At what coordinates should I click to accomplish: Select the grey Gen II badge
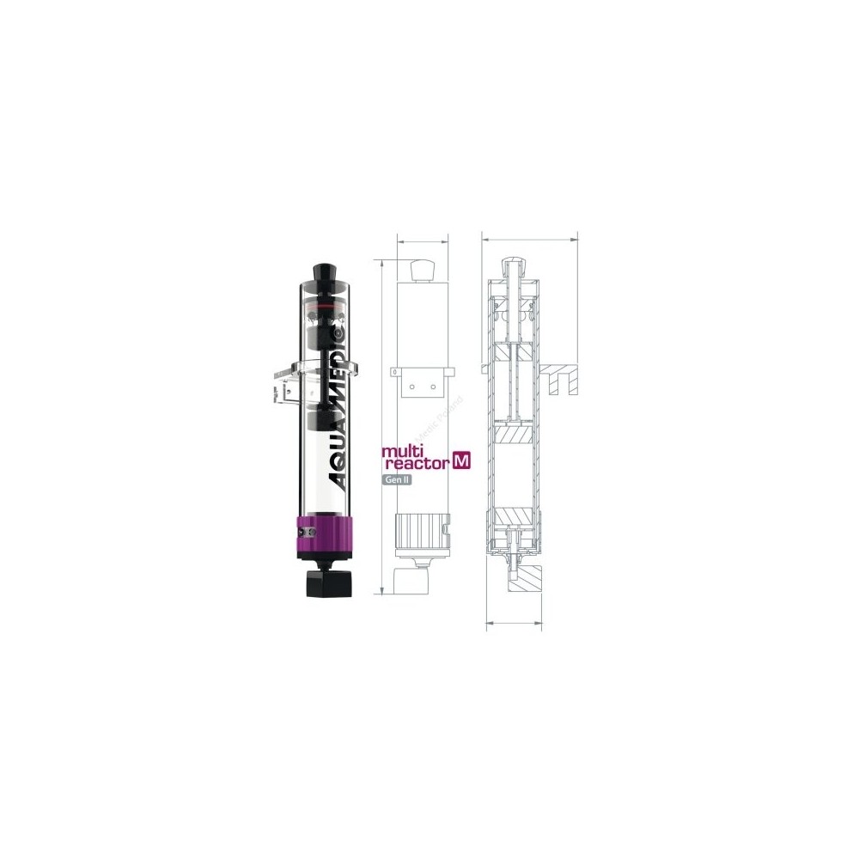click(x=397, y=480)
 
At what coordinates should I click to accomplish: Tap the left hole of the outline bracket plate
click(x=411, y=387)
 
